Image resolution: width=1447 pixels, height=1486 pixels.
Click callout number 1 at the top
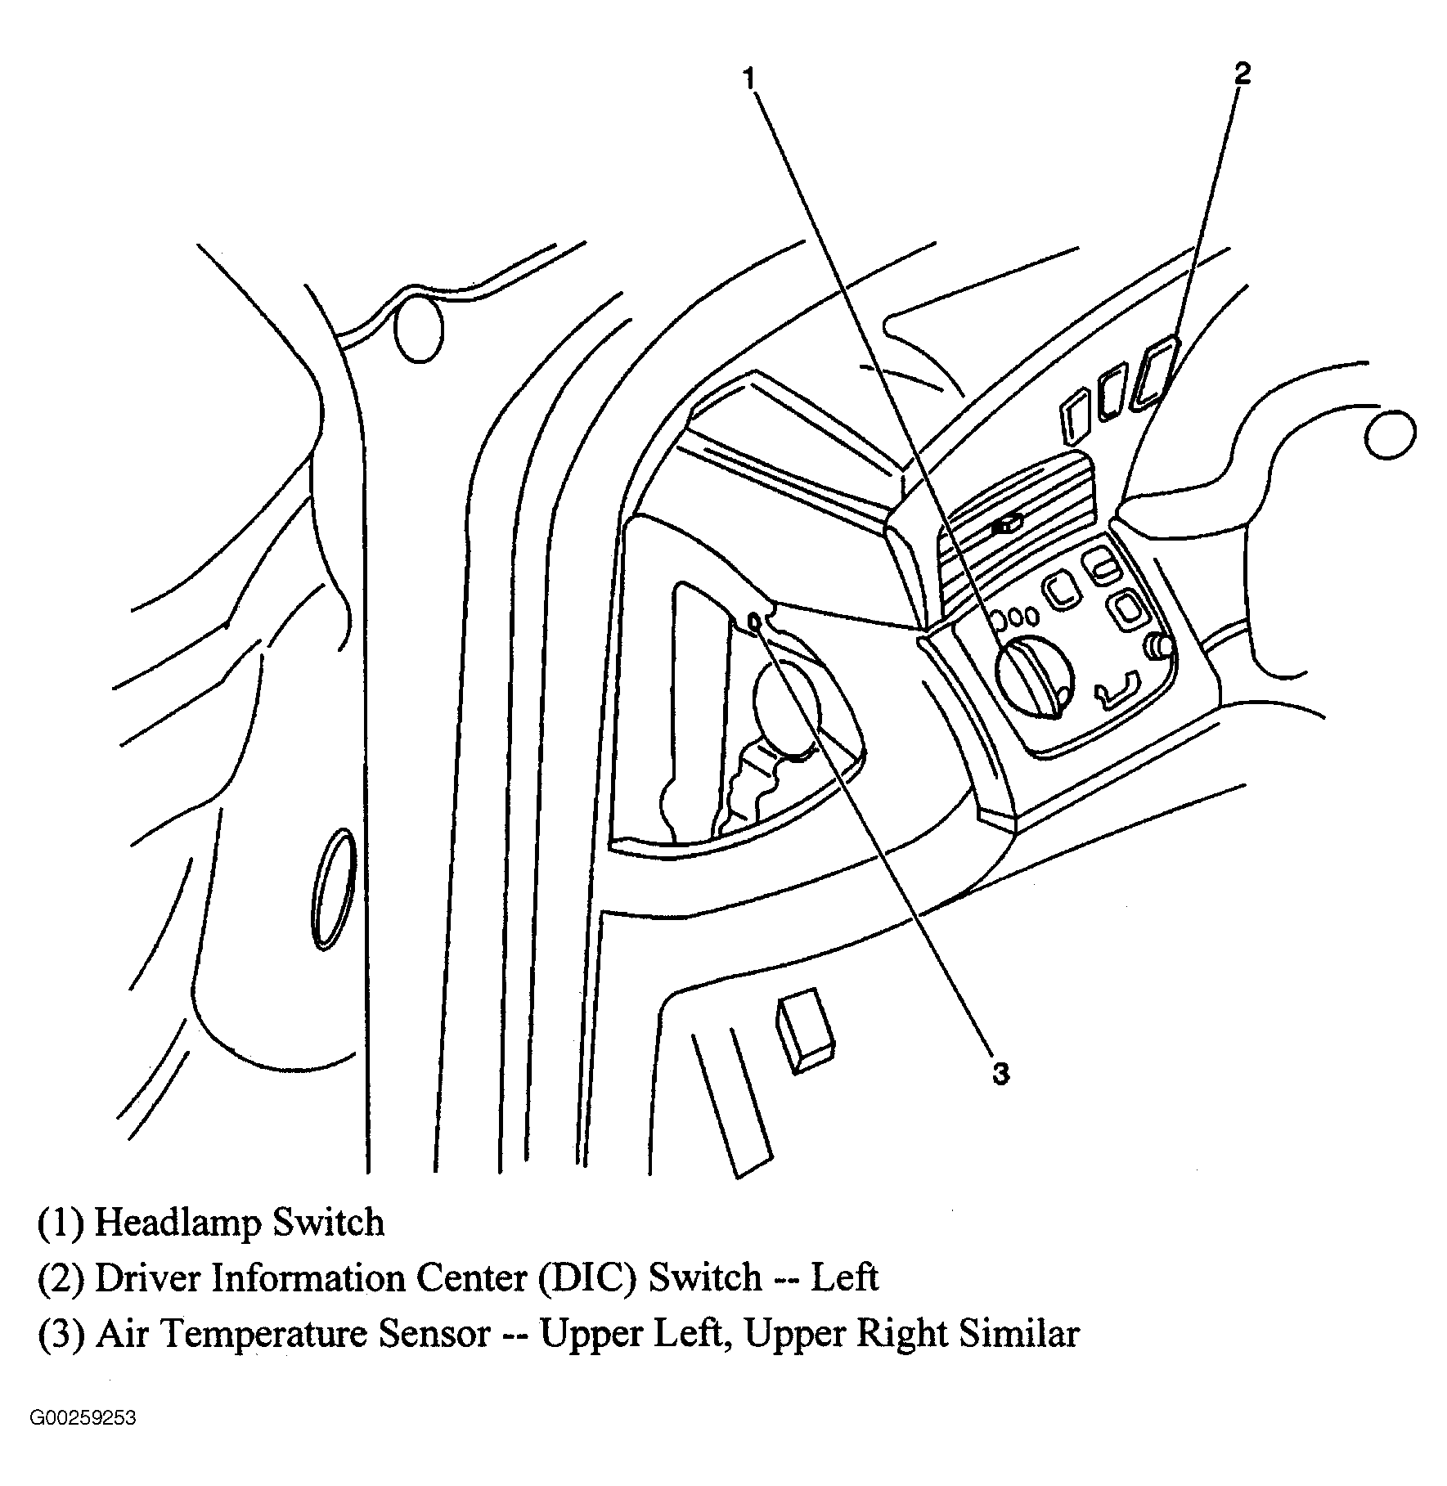749,79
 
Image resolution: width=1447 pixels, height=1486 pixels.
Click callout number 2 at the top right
1242,74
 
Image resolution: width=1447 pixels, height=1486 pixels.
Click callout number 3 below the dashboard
1001,1074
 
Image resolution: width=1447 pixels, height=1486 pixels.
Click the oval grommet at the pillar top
419,330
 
